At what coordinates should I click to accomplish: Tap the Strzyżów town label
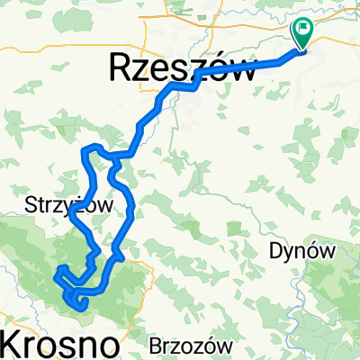tap(68, 206)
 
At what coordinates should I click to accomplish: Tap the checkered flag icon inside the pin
tap(301, 30)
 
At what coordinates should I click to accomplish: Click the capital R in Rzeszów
tap(121, 68)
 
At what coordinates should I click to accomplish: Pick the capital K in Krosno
tap(12, 344)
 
